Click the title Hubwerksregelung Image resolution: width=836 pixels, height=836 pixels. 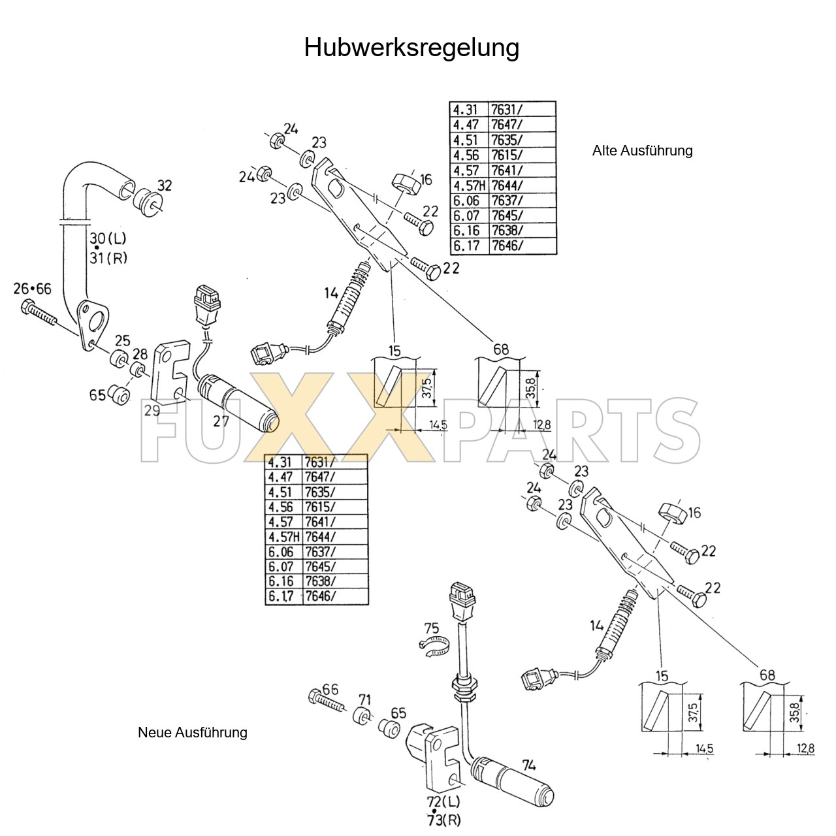pos(411,48)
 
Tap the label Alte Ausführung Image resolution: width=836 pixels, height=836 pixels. pos(642,151)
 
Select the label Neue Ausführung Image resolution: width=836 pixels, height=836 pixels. pos(193,732)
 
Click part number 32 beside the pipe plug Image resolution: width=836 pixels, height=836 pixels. pos(165,185)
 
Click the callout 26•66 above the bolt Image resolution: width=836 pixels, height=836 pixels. pos(32,289)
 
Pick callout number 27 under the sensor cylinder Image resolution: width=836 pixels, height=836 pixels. pos(221,421)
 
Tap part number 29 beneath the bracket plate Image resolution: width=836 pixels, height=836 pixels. pos(152,410)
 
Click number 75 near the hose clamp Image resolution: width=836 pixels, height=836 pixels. pos(431,629)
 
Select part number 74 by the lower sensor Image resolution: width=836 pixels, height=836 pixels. pos(529,764)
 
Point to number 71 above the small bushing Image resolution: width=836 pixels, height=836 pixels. pos(364,701)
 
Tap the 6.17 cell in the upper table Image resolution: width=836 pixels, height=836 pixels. pos(466,246)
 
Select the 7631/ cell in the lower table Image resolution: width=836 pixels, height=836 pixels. pos(320,462)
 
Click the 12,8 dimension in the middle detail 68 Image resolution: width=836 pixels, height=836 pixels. pos(541,425)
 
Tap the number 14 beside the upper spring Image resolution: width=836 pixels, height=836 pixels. pos(331,293)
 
